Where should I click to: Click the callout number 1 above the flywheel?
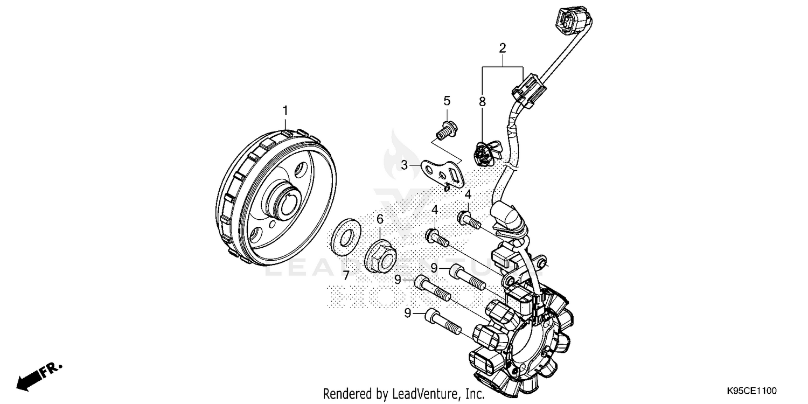(285, 110)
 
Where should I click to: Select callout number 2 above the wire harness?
(502, 48)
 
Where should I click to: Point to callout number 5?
(447, 101)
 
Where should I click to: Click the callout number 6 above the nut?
(380, 219)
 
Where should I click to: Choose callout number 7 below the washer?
(346, 275)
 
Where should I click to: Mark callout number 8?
(482, 101)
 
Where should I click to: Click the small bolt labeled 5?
(445, 129)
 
